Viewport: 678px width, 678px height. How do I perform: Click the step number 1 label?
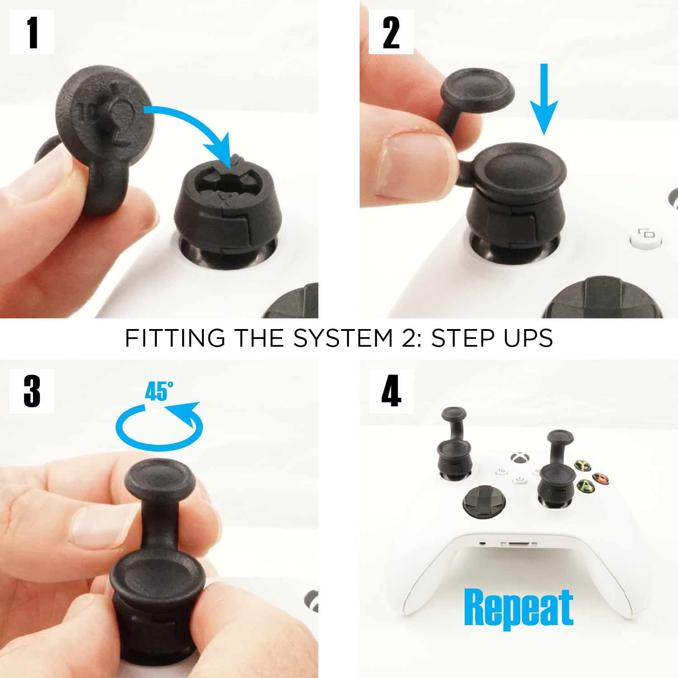[32, 32]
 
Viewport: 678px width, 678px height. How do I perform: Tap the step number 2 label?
[391, 32]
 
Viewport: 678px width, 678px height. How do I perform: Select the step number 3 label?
[32, 391]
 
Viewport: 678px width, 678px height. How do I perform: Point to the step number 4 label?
[391, 391]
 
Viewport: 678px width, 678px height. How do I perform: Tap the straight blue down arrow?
[544, 99]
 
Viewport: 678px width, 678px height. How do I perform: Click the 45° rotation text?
[159, 391]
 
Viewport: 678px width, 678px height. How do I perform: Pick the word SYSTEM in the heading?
[344, 338]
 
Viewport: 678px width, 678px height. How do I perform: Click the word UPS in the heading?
[528, 338]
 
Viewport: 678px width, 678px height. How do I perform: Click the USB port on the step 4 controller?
[519, 544]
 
